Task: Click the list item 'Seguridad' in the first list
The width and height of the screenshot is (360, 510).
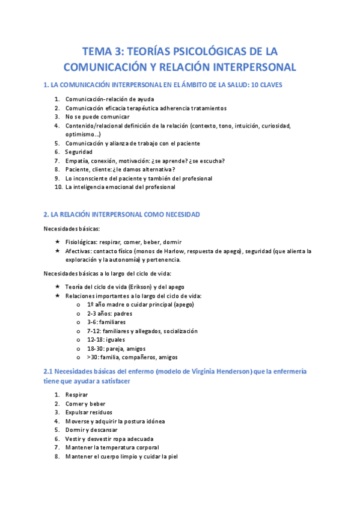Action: (79, 152)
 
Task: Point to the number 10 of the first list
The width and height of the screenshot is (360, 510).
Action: (58, 187)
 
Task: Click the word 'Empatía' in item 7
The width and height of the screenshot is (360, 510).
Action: (76, 161)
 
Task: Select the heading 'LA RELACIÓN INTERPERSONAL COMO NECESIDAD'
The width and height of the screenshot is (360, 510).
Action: (126, 215)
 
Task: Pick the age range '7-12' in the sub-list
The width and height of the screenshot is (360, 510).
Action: (93, 331)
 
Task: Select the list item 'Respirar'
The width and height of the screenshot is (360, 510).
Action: (76, 395)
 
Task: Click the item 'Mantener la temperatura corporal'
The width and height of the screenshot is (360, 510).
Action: (112, 447)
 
